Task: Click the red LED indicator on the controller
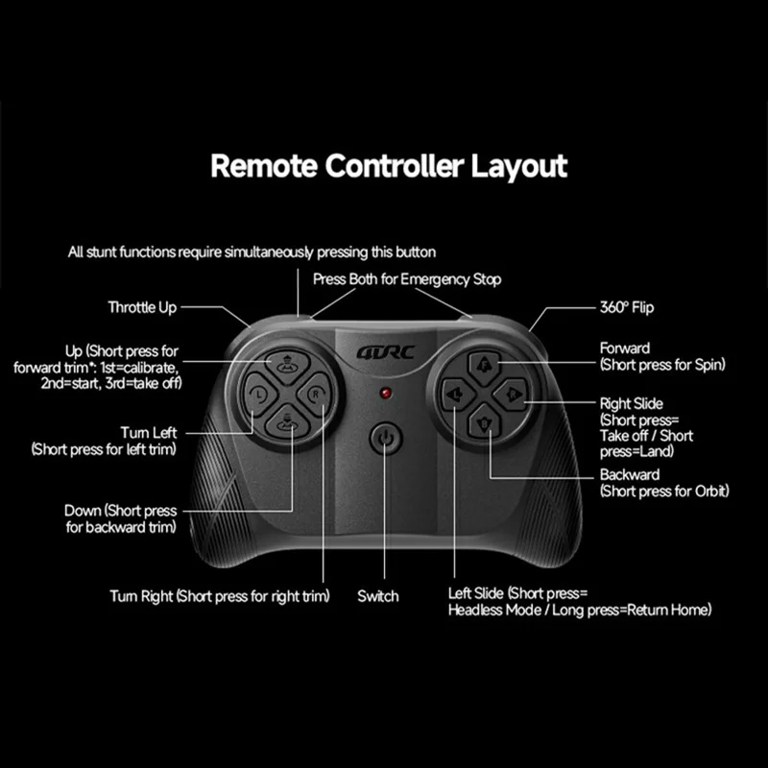point(386,393)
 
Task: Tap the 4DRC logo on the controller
point(386,352)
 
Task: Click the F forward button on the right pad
point(484,367)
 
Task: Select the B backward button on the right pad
point(484,422)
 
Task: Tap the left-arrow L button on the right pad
point(458,395)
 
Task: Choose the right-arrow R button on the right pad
point(511,395)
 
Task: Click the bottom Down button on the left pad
point(287,421)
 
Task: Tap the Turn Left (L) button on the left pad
point(260,394)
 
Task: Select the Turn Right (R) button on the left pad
point(315,394)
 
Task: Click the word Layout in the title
point(519,166)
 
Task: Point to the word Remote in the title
point(264,166)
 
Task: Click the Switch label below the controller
point(377,596)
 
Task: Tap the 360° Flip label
point(627,307)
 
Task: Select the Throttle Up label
point(142,307)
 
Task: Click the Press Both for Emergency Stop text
point(407,279)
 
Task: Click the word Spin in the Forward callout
point(708,365)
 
